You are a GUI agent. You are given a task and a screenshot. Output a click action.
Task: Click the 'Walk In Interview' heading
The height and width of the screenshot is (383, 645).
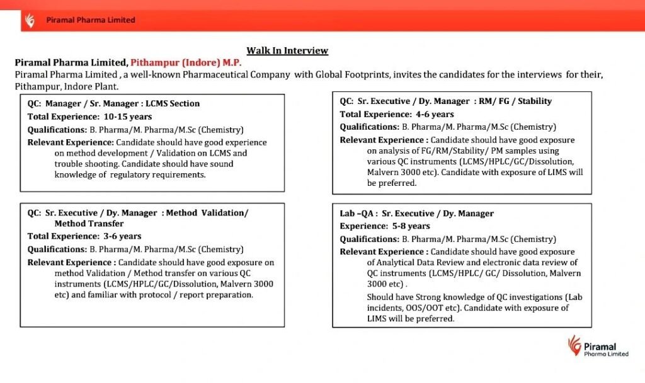[x=287, y=50]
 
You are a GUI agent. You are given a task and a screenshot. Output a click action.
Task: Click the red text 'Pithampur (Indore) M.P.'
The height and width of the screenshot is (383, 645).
[x=186, y=62]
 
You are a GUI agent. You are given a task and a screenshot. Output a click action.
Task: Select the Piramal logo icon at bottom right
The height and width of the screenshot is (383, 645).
[x=574, y=345]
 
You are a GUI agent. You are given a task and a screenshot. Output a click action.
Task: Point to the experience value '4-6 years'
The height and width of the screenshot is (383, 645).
[x=433, y=114]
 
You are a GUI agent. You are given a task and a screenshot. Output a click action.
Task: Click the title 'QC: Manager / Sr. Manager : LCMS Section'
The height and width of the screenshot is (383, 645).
[x=113, y=103]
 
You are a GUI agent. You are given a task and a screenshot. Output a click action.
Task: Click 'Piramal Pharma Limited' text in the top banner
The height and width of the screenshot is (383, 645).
[x=91, y=20]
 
